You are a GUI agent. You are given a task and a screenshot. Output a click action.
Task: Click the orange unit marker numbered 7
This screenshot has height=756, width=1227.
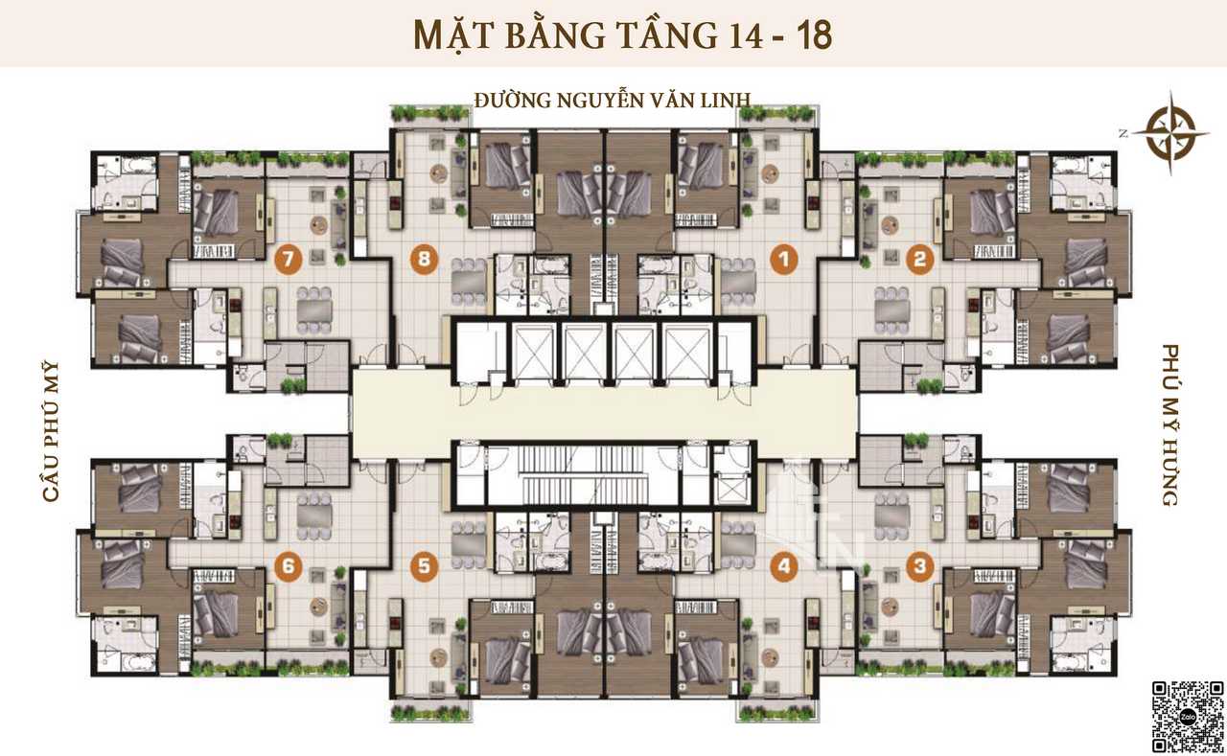coord(289,260)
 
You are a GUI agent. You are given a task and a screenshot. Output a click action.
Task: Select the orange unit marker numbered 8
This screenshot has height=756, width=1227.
coord(424,260)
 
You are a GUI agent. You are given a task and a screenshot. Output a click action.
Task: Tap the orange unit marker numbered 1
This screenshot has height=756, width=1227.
coord(784,260)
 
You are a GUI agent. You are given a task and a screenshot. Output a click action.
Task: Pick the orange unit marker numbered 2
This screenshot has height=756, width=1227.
coord(919,260)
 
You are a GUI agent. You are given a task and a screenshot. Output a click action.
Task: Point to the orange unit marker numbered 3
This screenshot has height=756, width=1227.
coord(919,566)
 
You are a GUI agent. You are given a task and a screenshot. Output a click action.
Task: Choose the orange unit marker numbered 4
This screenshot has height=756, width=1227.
coord(784,566)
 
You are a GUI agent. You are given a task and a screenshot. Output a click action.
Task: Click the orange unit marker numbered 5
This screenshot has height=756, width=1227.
coord(424,566)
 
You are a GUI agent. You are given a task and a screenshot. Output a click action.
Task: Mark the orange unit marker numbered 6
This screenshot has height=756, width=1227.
coord(289,566)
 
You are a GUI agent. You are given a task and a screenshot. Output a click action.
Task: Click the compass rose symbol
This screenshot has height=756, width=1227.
coord(1171,133)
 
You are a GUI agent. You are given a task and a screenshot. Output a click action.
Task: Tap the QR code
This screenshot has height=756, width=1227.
coord(1188,717)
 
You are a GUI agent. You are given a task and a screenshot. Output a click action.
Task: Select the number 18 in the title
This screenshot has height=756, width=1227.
coord(815,35)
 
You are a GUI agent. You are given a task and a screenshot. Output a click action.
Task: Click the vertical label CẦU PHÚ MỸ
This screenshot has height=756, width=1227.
coord(51,431)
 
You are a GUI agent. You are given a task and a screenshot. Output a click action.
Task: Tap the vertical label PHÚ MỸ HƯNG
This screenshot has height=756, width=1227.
coord(1170,424)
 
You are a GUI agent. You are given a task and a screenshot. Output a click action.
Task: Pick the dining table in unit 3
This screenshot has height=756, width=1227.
coord(892,515)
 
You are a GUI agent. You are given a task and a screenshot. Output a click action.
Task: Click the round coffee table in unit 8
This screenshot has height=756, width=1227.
coord(439,174)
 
